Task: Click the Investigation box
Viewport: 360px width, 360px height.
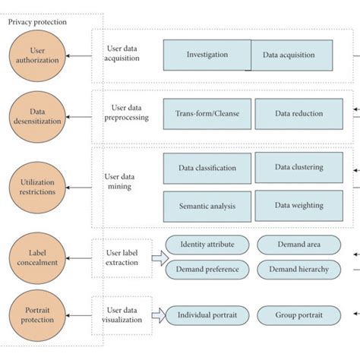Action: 207,55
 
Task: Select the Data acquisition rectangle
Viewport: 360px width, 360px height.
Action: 292,55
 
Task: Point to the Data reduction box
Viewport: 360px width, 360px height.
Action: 293,114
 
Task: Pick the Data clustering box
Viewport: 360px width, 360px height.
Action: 293,167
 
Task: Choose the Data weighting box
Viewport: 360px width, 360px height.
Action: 293,206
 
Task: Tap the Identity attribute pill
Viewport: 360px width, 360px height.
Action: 207,245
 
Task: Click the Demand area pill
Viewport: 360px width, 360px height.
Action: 293,245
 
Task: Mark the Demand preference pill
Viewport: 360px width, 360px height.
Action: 207,269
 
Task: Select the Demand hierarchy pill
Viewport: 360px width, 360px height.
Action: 293,269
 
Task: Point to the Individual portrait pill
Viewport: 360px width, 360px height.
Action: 207,315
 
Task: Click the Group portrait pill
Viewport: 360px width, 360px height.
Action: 293,315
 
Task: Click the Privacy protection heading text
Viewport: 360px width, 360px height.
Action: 38,22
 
